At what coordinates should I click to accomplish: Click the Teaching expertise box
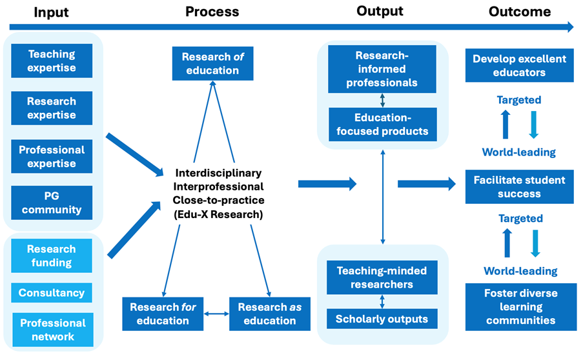[x=52, y=61]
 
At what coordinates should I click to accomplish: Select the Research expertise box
[x=52, y=108]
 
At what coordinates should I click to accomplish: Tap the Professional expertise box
[x=52, y=156]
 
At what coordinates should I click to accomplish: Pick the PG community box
[x=52, y=203]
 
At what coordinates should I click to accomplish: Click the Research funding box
[x=52, y=255]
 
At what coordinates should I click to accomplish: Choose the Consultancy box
[x=52, y=293]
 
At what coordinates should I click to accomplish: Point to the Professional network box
[x=52, y=329]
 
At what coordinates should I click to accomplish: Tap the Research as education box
[x=266, y=314]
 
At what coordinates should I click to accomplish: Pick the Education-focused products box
[x=382, y=125]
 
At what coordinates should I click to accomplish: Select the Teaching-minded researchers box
[x=382, y=277]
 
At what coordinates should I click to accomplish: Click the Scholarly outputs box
[x=382, y=319]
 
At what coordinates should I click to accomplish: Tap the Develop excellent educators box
[x=519, y=66]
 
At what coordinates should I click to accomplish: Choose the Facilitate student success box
[x=519, y=187]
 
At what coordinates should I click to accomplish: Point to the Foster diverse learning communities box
[x=519, y=306]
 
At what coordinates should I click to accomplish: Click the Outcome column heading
[x=519, y=12]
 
